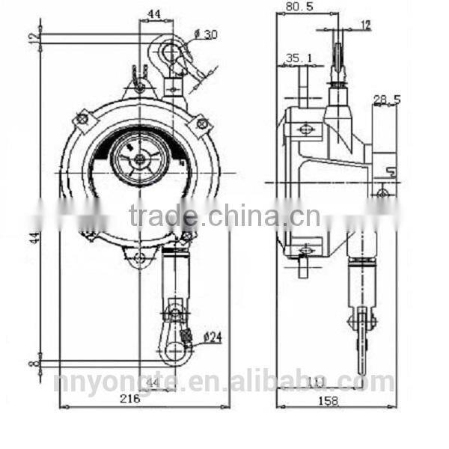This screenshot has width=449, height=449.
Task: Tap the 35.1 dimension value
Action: (299, 58)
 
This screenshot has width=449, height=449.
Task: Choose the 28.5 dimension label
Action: (386, 99)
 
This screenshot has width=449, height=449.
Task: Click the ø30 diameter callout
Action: (205, 34)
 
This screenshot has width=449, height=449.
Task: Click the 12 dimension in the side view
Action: (365, 25)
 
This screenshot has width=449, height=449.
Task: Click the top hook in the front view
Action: (170, 54)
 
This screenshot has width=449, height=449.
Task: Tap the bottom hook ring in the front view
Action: (175, 349)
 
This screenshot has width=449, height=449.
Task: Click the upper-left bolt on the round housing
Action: (82, 118)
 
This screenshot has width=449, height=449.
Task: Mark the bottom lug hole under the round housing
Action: (138, 259)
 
